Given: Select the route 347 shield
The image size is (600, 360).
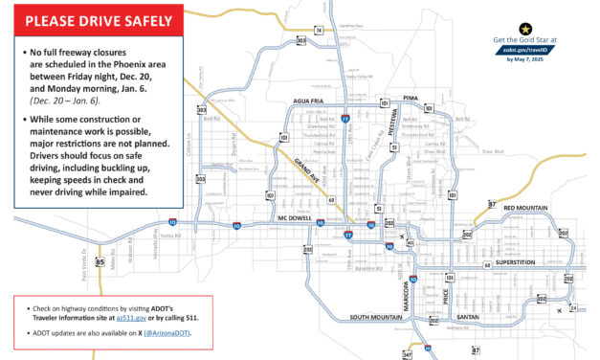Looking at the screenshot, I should pyautogui.click(x=408, y=354).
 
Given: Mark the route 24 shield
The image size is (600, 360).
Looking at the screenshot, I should pyautogui.click(x=573, y=307).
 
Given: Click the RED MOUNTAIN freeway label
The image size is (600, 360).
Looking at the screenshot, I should pyautogui.click(x=525, y=207).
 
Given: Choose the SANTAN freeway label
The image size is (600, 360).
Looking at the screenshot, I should pyautogui.click(x=468, y=316).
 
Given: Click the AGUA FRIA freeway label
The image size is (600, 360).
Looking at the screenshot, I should pyautogui.click(x=310, y=100).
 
